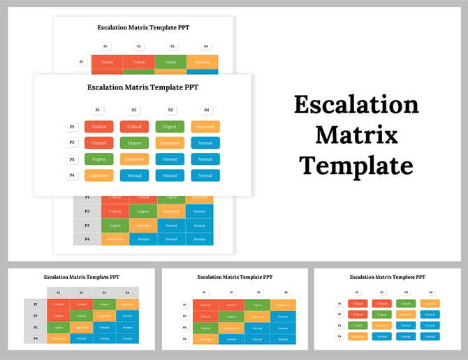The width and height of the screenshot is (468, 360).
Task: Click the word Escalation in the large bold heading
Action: coord(356,105)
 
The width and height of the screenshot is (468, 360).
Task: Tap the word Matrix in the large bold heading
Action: coord(356,135)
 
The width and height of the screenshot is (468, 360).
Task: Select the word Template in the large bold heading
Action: coord(356,166)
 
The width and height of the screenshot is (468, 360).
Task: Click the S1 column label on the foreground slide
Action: coord(98,110)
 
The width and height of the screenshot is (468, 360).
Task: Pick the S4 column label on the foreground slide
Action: coord(205,110)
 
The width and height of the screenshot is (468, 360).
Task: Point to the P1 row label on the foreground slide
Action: coord(72,127)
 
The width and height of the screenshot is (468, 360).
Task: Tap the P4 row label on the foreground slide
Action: coord(72,175)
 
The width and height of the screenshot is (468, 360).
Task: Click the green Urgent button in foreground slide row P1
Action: coord(170,127)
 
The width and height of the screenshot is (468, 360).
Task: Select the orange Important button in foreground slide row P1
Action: coord(205,127)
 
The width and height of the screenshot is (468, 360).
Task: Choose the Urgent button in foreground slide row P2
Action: coord(134,143)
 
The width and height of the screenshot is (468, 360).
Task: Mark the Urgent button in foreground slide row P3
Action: coord(98,159)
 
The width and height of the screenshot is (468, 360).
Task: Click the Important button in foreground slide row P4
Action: coord(98,175)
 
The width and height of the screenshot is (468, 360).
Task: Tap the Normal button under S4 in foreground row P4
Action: coord(205,175)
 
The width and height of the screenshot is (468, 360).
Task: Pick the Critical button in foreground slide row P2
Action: coord(98,143)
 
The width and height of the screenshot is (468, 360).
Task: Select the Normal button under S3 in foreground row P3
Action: coord(170,159)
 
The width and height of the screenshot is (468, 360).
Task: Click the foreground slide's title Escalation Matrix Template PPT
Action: coord(142,87)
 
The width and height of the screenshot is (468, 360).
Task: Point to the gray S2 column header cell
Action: coord(82,292)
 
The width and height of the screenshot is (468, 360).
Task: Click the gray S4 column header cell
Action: coord(127,292)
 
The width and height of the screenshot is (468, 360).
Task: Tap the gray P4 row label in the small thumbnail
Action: coord(36,338)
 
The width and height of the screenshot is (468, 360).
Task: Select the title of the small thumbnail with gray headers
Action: coord(81,277)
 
